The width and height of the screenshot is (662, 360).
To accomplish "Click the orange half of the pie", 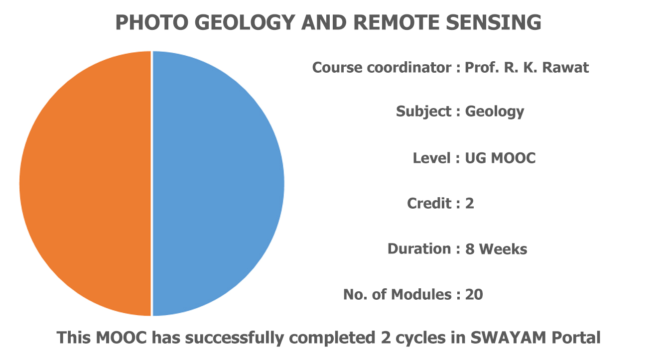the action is coord(86,183).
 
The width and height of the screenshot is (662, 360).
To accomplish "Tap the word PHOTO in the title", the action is coord(152,22).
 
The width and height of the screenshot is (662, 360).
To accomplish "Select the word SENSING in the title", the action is coord(494,22).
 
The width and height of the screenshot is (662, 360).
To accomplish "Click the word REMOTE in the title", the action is coord(397,22).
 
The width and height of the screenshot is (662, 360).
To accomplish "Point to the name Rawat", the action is coord(565,67).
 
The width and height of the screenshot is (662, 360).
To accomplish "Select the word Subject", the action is coord(424,112).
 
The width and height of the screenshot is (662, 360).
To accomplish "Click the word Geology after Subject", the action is coord(495,112).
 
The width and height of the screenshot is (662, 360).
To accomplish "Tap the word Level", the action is coord(432,158).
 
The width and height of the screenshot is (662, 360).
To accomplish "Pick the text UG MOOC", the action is coord(500,158).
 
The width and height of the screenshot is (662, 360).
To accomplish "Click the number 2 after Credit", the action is coord(470,204).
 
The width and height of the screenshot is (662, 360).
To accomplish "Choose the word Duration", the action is coord(419,248).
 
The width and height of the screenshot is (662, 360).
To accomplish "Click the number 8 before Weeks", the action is coord(470,249).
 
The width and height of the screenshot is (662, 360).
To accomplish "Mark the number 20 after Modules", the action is coord(474,294).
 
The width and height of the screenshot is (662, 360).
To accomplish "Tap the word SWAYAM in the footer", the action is coord(508,338).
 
